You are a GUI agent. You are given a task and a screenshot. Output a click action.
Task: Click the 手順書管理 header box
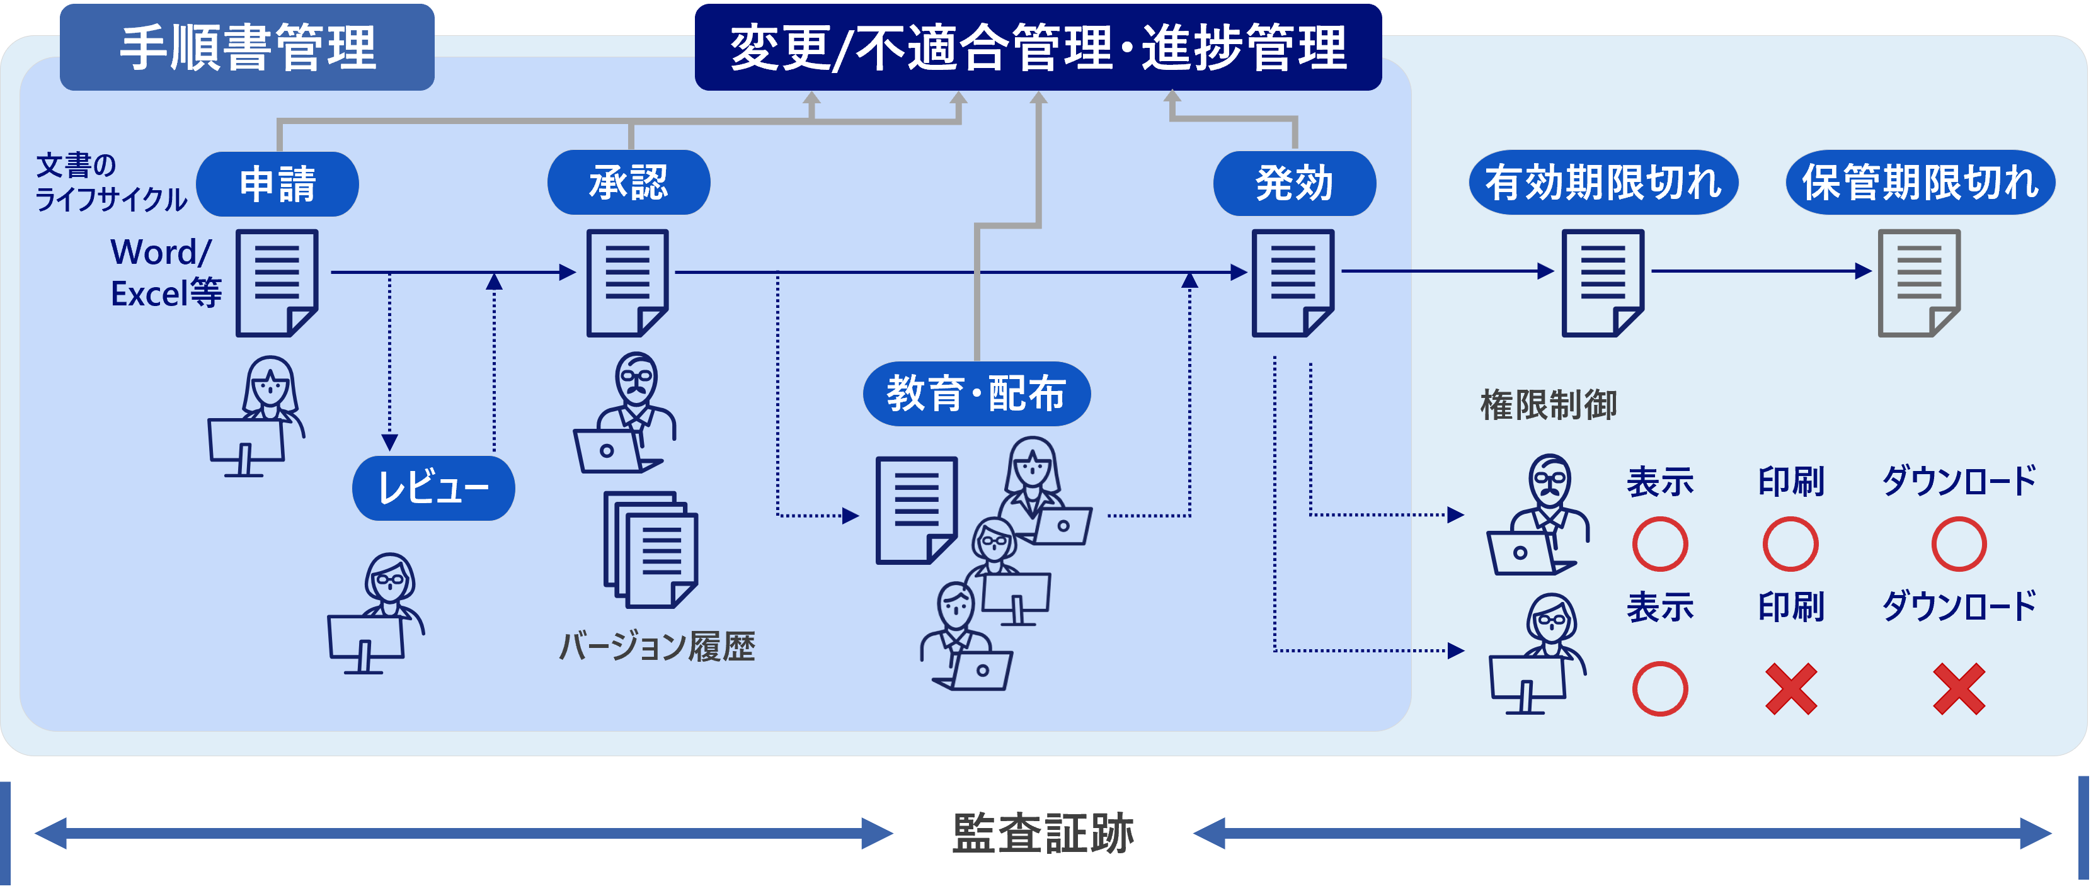point(247,47)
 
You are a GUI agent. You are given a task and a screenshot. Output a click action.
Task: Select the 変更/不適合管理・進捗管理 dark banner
point(1038,47)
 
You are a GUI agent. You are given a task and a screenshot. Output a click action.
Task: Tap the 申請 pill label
point(278,183)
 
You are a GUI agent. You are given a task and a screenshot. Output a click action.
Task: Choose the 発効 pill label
point(1294,183)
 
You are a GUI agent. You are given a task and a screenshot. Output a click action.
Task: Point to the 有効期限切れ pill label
point(1603,183)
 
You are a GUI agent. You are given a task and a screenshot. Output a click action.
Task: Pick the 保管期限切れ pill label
point(1920,183)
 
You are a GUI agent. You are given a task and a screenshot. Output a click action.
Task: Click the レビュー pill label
point(433,488)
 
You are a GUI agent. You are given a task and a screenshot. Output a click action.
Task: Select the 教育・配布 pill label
point(977,394)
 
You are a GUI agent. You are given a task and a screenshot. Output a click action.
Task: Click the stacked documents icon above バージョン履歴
point(650,549)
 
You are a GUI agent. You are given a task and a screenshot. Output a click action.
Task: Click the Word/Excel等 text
point(166,273)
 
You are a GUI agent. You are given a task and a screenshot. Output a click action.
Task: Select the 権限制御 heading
point(1548,405)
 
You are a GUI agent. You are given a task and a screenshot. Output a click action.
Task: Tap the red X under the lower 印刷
point(1790,689)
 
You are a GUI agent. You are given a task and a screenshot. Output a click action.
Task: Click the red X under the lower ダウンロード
point(1959,689)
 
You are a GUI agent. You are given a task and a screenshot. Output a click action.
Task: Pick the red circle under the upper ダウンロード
point(1959,543)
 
